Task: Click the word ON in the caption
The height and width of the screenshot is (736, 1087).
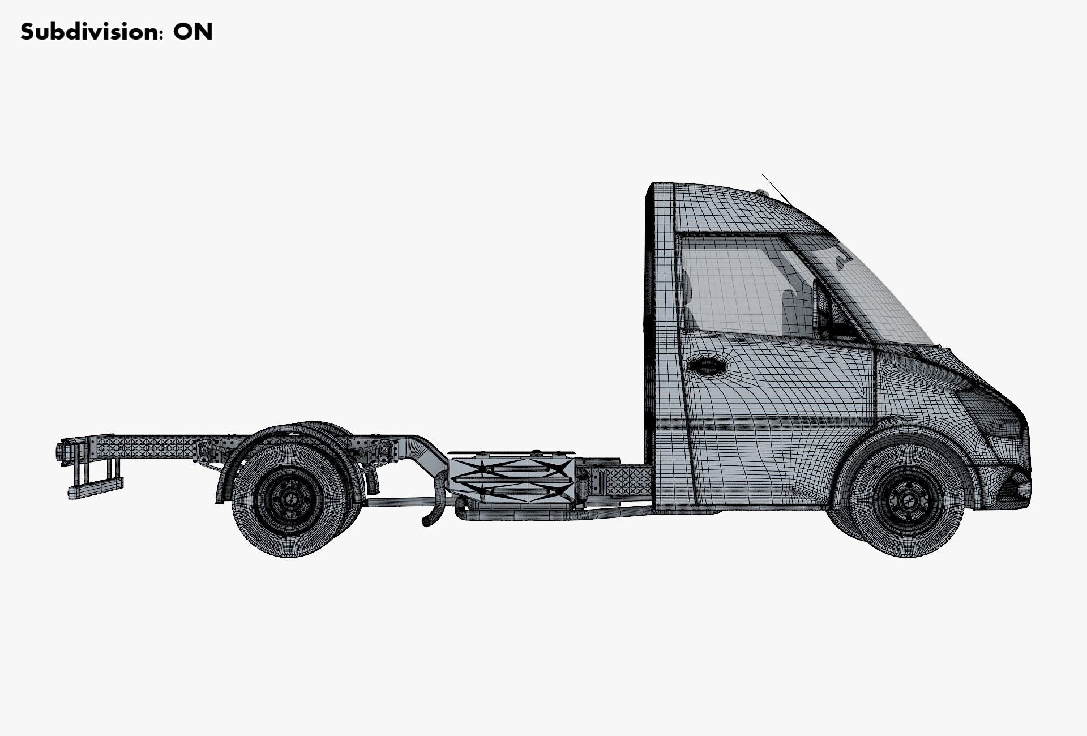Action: point(193,32)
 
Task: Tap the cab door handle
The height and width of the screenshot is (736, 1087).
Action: point(707,366)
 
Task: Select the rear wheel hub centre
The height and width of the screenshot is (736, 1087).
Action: point(290,499)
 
